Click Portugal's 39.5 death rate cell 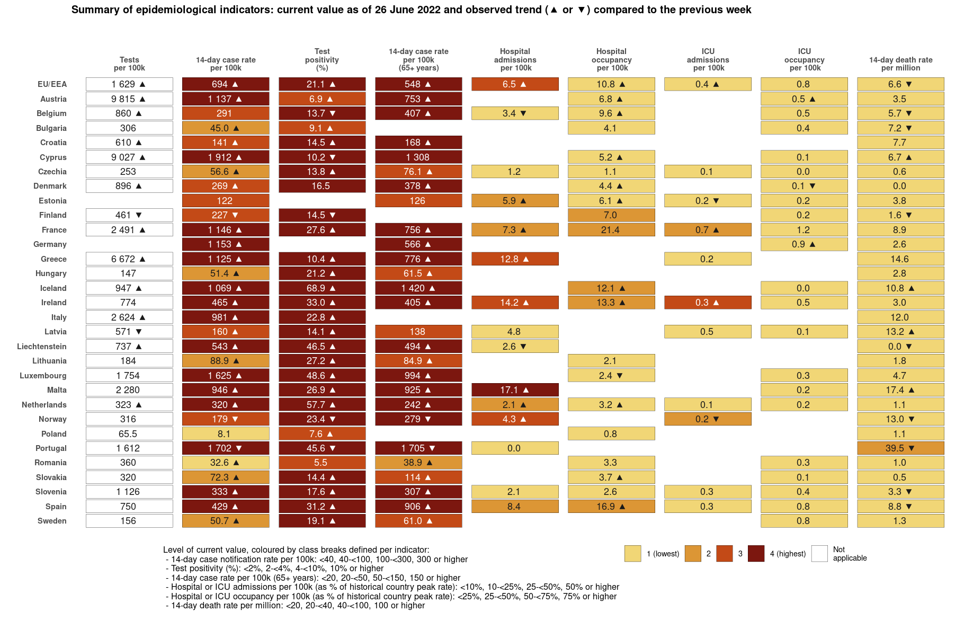[x=900, y=448]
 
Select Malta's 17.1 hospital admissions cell [x=514, y=390]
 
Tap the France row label [x=54, y=230]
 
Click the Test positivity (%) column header [x=322, y=59]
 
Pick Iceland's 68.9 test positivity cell [x=322, y=288]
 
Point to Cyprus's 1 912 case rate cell [x=225, y=157]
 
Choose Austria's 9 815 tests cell [x=129, y=99]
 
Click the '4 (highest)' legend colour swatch [x=756, y=554]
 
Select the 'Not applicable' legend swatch [x=819, y=554]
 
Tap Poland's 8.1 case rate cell [x=225, y=434]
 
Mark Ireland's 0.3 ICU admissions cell [x=707, y=303]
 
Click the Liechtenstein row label [x=42, y=347]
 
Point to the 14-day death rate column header [x=900, y=64]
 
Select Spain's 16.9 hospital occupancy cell [x=611, y=507]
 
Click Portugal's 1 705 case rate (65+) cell [x=418, y=448]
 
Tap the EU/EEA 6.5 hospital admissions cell [x=514, y=84]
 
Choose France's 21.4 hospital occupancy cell [x=611, y=230]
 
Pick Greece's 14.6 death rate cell [x=900, y=259]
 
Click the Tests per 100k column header [x=129, y=64]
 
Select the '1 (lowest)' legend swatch [x=632, y=554]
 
